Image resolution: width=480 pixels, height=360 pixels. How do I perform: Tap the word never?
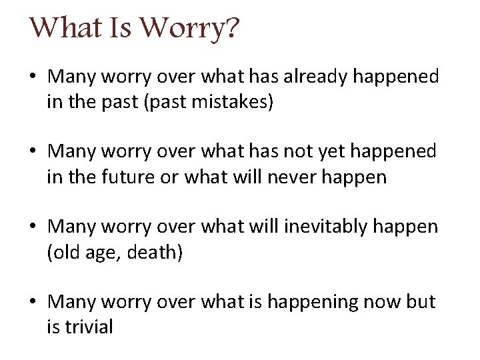coord(297,177)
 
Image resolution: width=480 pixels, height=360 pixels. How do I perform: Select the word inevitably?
coord(324,227)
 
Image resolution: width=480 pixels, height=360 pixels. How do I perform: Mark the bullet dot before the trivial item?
coord(33,303)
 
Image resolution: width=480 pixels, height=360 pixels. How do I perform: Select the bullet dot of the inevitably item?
coord(33,227)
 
